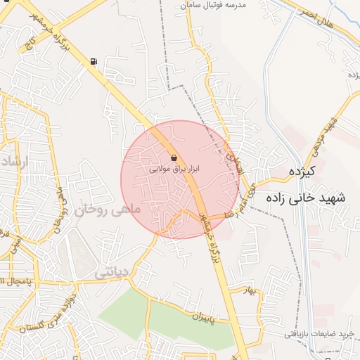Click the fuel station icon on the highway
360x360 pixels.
tap(94, 61)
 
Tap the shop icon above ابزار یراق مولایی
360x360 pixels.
tap(174, 158)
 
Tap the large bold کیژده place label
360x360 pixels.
tap(307, 172)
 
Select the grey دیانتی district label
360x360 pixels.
tap(111, 271)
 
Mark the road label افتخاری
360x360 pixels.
tap(231, 151)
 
